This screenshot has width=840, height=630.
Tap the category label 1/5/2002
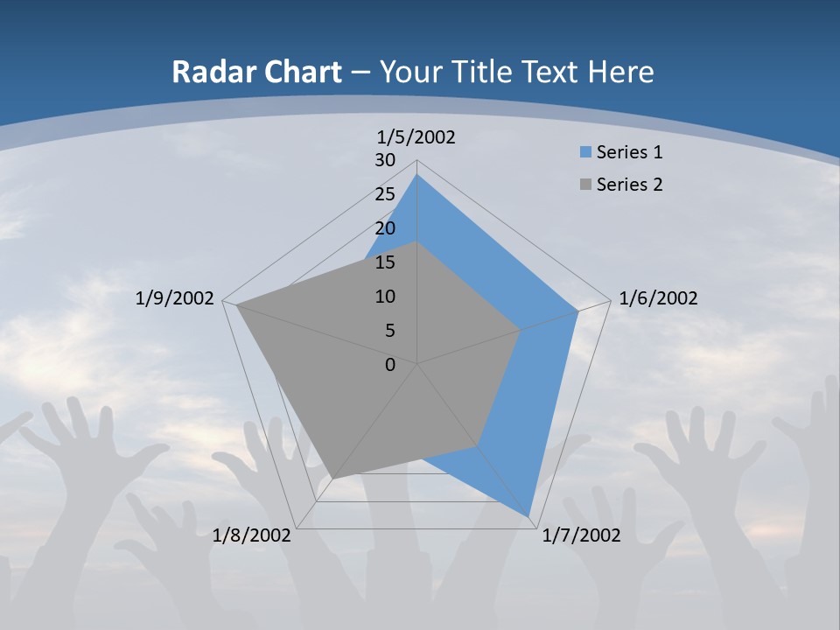point(416,136)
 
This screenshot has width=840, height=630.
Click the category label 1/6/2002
point(658,298)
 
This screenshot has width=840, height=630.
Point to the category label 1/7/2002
point(582,535)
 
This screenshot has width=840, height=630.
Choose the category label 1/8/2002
point(252,535)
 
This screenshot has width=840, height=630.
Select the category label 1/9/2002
point(175,298)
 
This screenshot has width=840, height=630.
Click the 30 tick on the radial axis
point(385,160)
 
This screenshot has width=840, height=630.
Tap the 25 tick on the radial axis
point(385,194)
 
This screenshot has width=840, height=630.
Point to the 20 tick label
point(385,228)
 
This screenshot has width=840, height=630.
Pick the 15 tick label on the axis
point(385,262)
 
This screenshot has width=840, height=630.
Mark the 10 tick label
point(385,297)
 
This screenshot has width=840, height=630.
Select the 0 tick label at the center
point(390,365)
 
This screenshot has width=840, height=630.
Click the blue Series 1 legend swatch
point(586,152)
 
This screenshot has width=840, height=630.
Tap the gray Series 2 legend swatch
point(586,185)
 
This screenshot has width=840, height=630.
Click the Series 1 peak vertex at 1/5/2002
point(417,175)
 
